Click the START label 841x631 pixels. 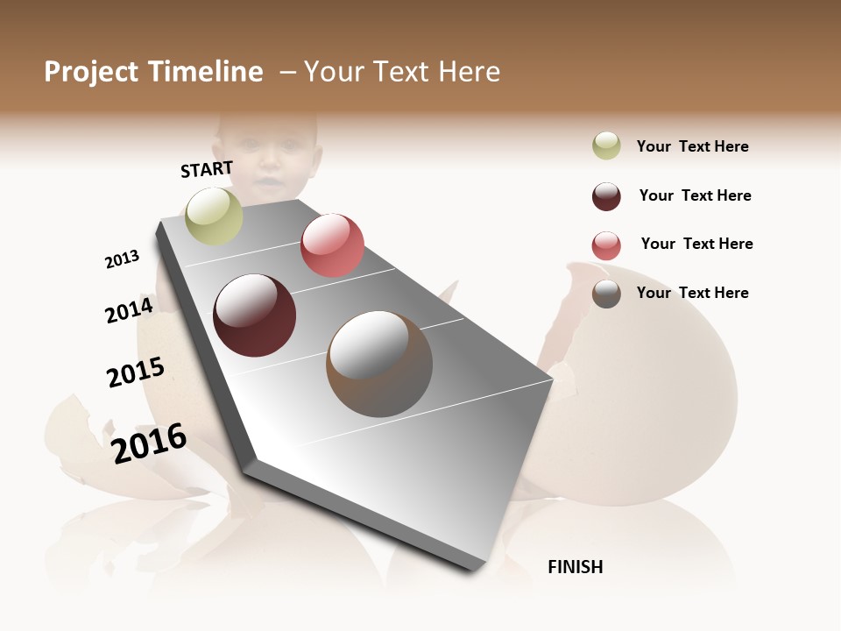pos(207,169)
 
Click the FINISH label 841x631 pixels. pos(575,567)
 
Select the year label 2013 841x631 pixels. pos(123,259)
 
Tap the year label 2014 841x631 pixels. pos(130,310)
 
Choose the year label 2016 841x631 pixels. pos(150,443)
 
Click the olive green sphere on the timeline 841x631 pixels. pos(215,216)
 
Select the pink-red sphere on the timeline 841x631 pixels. pos(332,245)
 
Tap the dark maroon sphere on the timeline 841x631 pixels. pos(254,315)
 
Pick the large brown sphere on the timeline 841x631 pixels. pos(379,364)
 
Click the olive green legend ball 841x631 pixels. pos(606,146)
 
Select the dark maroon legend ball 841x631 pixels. pos(606,196)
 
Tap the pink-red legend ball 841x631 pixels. pos(606,245)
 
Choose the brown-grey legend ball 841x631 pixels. pos(606,294)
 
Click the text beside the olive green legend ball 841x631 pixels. pos(692,146)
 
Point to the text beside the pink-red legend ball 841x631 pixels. pos(696,244)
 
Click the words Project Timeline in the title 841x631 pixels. pos(153,72)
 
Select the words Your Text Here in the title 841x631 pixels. pos(402,72)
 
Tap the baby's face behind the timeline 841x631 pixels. pos(267,158)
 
